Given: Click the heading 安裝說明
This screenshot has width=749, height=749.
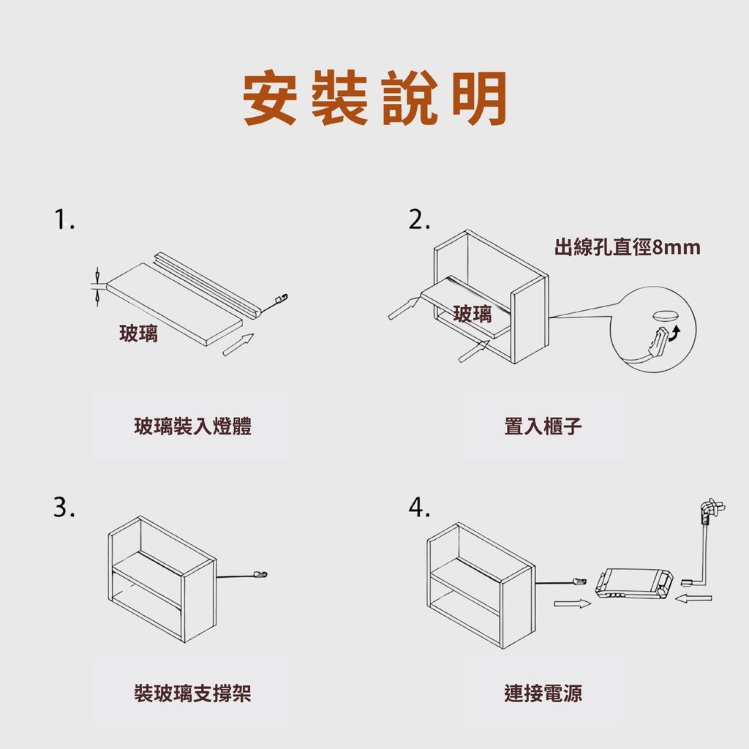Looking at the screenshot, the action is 375,98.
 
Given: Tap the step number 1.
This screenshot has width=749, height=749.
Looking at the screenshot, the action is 64,220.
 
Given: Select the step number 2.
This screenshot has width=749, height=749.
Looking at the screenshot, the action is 419,220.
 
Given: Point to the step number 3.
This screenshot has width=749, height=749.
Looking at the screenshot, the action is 64,508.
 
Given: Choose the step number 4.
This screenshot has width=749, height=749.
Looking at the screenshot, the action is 419,508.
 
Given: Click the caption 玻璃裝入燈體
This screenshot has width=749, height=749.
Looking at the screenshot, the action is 192,426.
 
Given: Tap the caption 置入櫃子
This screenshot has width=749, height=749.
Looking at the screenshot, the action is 543,426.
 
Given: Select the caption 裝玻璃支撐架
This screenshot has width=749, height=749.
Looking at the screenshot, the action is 192,693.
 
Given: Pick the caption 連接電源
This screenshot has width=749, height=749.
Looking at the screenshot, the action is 543,693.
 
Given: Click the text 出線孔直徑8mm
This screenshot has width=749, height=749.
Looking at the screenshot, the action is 627,247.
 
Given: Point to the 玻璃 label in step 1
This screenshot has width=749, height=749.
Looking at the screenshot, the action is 138,333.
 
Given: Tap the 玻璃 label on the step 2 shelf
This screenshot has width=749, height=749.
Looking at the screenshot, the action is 473,314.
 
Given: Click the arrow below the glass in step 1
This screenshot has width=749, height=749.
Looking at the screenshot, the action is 238,345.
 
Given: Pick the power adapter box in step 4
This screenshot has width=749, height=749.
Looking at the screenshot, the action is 634,583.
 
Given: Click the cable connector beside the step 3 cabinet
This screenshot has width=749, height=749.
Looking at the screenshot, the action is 260,575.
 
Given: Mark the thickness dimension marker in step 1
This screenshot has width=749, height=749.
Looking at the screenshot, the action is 97,287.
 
